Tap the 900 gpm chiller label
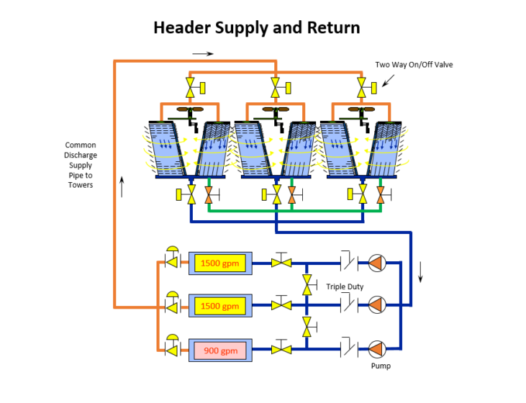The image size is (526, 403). pyautogui.click(x=220, y=350)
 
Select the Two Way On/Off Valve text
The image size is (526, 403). pyautogui.click(x=414, y=65)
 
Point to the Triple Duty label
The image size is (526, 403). pyautogui.click(x=345, y=286)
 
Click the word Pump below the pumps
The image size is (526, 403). pyautogui.click(x=381, y=366)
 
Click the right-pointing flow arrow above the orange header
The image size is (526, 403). pyautogui.click(x=203, y=53)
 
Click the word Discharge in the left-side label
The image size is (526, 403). pyautogui.click(x=81, y=155)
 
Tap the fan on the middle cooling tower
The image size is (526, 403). pyautogui.click(x=274, y=111)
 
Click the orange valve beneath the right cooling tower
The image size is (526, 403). pyautogui.click(x=379, y=194)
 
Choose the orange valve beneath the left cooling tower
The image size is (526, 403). pyautogui.click(x=209, y=194)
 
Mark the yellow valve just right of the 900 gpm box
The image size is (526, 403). pyautogui.click(x=280, y=350)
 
